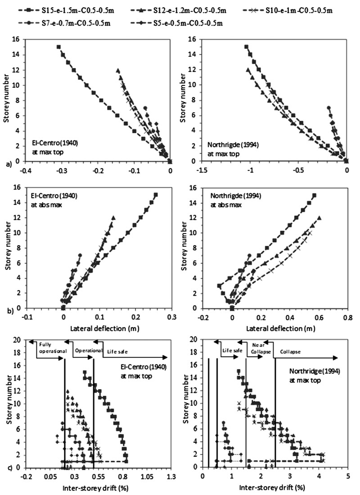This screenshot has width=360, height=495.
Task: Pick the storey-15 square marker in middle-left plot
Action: (156, 195)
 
